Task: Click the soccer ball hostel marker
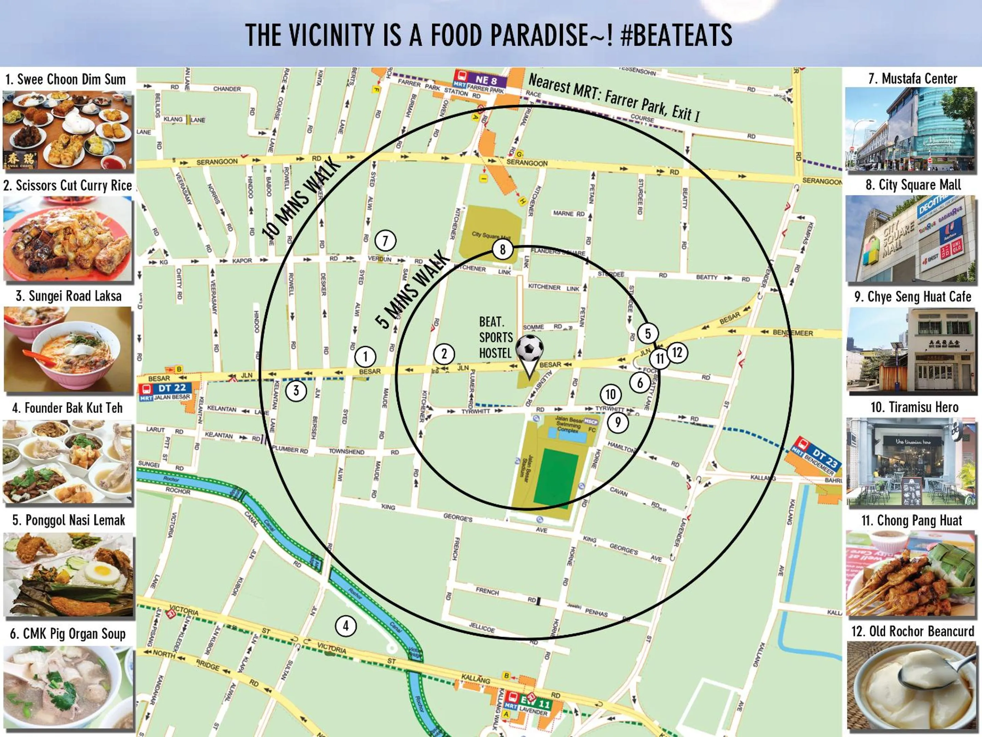click(x=529, y=349)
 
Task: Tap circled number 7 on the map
click(x=385, y=241)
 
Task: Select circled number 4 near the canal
click(x=345, y=626)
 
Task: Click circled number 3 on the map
click(x=296, y=391)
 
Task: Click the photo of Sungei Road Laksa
click(x=68, y=349)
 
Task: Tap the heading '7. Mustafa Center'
click(x=912, y=78)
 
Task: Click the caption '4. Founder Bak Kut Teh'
click(x=68, y=408)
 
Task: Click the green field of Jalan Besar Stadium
click(x=556, y=478)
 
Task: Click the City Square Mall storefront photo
click(x=912, y=239)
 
